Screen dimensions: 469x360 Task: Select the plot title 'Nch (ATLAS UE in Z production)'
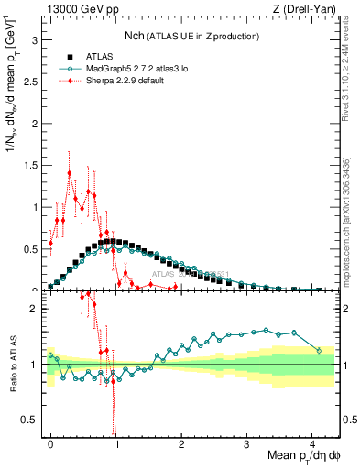click(191, 36)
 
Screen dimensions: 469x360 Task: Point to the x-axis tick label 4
click(312, 442)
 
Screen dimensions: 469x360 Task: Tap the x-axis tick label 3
click(247, 442)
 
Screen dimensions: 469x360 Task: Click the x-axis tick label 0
click(50, 442)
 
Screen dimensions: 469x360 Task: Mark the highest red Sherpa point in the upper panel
click(70, 173)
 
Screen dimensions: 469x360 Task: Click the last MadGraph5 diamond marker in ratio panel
click(319, 350)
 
